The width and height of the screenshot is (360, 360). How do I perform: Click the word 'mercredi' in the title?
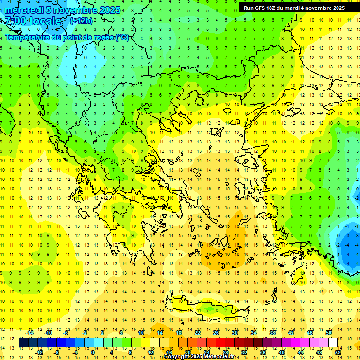pyautogui.click(x=23, y=10)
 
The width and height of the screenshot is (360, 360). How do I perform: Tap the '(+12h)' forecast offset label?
pyautogui.click(x=81, y=21)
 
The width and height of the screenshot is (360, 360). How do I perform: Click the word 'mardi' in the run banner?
pyautogui.click(x=300, y=8)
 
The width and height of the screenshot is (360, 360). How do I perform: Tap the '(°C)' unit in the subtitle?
pyautogui.click(x=122, y=37)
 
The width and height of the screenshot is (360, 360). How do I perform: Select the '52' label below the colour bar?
pyautogui.click(x=338, y=352)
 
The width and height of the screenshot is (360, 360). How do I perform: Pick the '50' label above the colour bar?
pyautogui.click(x=329, y=333)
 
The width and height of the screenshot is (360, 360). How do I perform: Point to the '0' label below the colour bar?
pyautogui.click(x=93, y=352)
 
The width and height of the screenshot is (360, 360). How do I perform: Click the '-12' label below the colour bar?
pyautogui.click(x=39, y=352)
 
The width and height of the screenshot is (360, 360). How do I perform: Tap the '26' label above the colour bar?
pyautogui.click(x=216, y=333)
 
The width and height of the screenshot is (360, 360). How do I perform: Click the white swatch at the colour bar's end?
pyautogui.click(x=333, y=343)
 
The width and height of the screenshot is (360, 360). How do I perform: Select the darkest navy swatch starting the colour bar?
pyautogui.click(x=23, y=343)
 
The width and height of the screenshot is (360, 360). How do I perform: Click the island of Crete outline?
pyautogui.click(x=206, y=307)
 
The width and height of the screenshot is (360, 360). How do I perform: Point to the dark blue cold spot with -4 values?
pyautogui.click(x=350, y=246)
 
